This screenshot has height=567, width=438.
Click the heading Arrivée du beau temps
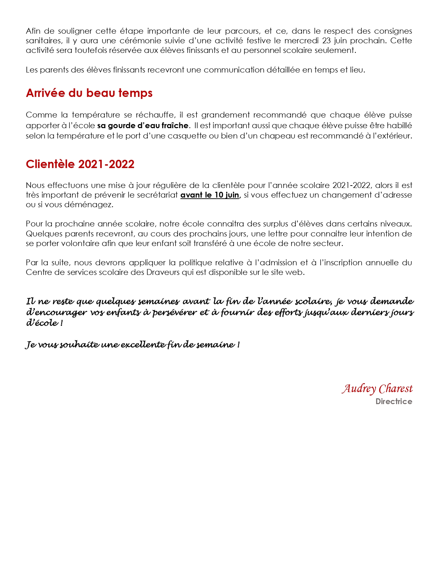click(x=89, y=93)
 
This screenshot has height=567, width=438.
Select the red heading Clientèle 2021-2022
click(x=80, y=164)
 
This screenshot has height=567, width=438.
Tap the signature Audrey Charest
click(x=377, y=389)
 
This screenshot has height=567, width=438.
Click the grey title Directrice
click(x=394, y=401)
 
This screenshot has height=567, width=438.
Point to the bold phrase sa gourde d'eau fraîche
click(x=143, y=125)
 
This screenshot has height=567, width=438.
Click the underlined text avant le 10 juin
click(x=210, y=195)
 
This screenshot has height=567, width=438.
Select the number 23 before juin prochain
click(x=326, y=41)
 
